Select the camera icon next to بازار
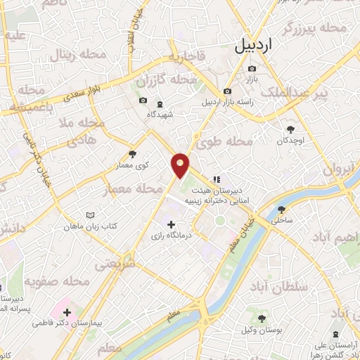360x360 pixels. click(252, 68)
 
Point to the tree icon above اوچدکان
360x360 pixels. click(291, 129)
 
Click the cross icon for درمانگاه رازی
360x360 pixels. click(172, 224)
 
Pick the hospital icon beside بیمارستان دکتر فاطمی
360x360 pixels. click(67, 311)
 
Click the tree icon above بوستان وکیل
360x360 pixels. click(262, 319)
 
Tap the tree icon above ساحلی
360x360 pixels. click(282, 210)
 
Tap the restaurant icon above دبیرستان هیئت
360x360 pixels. click(217, 179)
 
